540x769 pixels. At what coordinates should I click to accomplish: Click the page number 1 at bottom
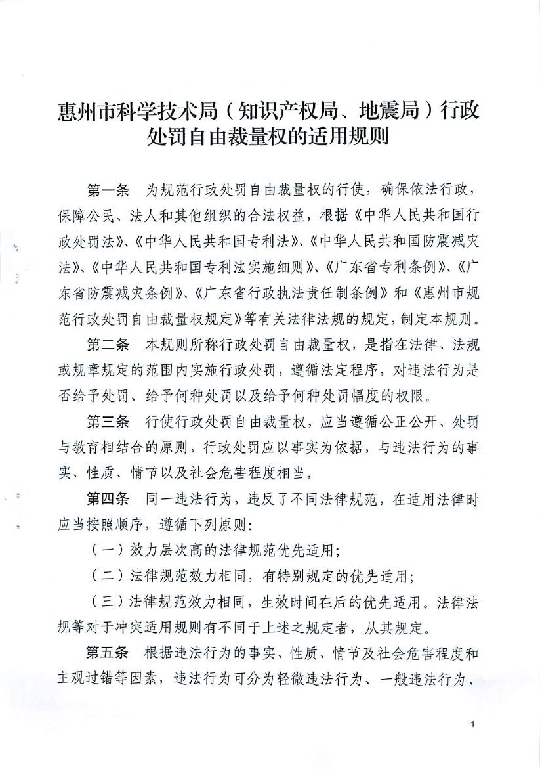(x=472, y=724)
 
